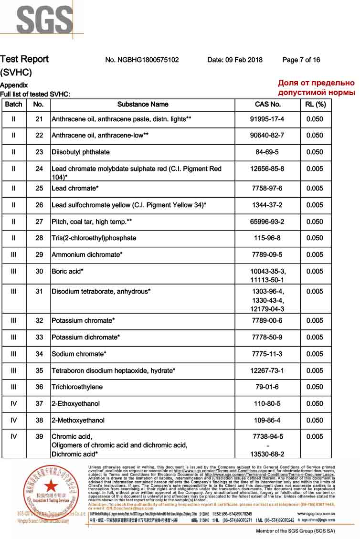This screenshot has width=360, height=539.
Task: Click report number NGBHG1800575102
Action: click(142, 60)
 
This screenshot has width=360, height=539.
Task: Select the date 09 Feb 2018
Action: click(235, 60)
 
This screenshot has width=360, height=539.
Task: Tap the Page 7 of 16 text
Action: click(301, 60)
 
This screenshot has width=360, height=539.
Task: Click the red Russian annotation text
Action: click(316, 87)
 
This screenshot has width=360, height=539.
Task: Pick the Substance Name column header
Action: click(143, 105)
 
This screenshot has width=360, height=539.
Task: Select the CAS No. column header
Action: click(268, 105)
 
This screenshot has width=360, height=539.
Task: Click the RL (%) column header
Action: click(315, 105)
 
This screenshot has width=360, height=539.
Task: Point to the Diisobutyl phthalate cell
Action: click(81, 152)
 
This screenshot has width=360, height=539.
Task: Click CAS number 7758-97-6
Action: click(267, 189)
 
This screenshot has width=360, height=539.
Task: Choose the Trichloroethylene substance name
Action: click(77, 387)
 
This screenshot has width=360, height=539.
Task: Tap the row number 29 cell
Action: click(39, 255)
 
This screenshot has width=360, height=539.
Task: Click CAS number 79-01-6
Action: click(267, 387)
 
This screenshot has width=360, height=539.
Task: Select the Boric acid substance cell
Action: click(67, 272)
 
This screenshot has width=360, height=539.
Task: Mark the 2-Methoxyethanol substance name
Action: click(78, 421)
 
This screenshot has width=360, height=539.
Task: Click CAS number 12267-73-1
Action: click(267, 371)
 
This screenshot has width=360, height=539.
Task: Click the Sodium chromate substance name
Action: click(79, 354)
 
